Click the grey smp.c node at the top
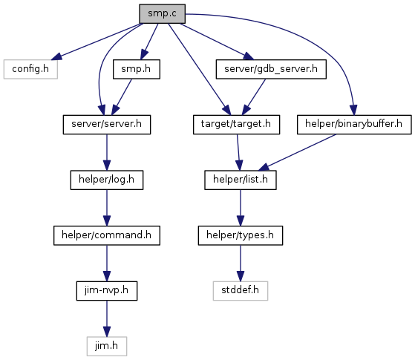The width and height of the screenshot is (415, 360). (x=163, y=14)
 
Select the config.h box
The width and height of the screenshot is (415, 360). (x=30, y=69)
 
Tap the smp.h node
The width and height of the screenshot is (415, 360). (x=137, y=69)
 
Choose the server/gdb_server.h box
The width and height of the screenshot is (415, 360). (x=271, y=69)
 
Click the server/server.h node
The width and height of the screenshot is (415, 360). (x=107, y=125)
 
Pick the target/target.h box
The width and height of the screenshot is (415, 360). (x=236, y=125)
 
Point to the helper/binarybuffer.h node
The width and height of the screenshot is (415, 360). (x=354, y=125)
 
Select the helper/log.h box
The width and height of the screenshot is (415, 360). (x=107, y=180)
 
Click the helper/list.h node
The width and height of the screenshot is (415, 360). (x=241, y=180)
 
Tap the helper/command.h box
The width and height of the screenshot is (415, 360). (x=107, y=235)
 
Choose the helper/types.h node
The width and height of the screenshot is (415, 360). (x=241, y=235)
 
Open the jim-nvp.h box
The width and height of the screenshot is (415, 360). (x=107, y=291)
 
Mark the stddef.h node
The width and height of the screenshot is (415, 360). (x=241, y=291)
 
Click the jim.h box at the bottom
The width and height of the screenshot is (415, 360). (x=107, y=346)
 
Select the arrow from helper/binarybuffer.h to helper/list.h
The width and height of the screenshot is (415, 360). (x=297, y=152)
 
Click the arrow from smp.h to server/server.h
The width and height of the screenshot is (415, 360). (x=122, y=97)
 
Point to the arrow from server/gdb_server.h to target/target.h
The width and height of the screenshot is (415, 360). (x=254, y=97)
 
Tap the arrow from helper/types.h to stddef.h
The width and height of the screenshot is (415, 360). (x=241, y=263)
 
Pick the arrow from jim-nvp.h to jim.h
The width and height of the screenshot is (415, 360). (x=107, y=318)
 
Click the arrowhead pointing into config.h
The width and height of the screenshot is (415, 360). (x=56, y=56)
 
